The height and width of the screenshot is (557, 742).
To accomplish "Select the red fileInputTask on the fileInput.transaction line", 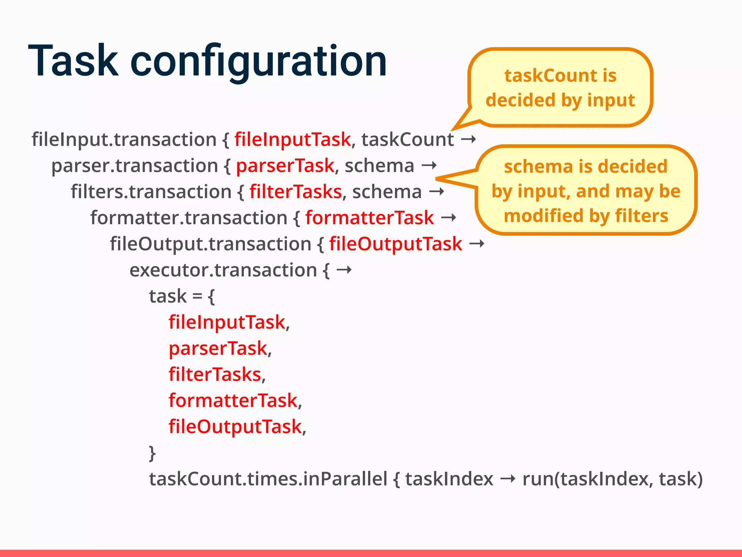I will [292, 140].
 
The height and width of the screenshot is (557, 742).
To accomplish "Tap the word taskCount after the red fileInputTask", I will [407, 140].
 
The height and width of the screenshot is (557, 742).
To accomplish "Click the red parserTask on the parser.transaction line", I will [285, 166].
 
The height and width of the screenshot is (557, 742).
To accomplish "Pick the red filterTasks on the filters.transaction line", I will [295, 192].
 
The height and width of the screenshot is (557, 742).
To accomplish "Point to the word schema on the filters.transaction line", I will [387, 192].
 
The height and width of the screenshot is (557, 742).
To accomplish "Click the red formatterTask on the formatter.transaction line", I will [369, 218].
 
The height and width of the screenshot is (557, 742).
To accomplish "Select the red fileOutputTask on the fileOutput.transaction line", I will [395, 244].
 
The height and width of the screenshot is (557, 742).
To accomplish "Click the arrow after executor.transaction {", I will [344, 270].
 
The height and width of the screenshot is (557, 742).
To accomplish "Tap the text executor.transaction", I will [223, 270].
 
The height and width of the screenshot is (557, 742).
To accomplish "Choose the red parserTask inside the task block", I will [218, 348].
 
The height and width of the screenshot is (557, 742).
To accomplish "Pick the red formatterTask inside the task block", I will [233, 401].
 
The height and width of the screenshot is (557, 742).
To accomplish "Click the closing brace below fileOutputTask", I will [152, 453].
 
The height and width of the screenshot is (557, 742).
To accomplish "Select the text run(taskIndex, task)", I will [612, 479].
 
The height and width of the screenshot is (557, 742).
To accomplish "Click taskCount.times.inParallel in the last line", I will [268, 479].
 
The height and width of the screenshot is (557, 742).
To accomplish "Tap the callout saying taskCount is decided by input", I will [560, 88].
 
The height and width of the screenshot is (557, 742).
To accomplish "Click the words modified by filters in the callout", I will [586, 216].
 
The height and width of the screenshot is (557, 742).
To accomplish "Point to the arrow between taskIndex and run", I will [508, 479].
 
